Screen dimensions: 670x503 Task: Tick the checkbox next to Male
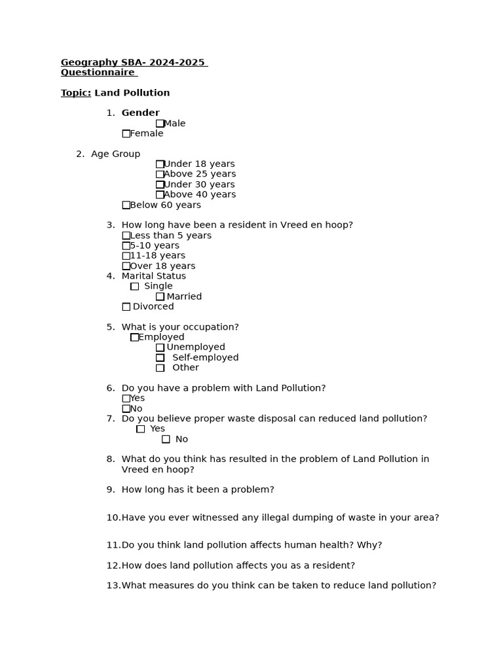point(160,124)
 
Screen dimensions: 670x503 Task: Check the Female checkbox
point(126,133)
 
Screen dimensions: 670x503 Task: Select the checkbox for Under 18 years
point(160,164)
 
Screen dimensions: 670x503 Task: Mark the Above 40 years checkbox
point(160,195)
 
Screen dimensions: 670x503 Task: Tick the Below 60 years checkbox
point(126,205)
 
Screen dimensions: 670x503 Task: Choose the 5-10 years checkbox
point(126,246)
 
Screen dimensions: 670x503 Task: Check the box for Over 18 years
point(126,266)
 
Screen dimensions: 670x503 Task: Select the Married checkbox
point(160,296)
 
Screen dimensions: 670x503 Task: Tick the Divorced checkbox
point(126,307)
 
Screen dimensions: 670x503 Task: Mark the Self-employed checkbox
point(160,358)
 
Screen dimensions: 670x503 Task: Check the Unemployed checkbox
point(160,347)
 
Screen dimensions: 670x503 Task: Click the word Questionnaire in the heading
point(98,73)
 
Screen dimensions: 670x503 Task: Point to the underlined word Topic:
point(76,93)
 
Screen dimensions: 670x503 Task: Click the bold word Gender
point(140,113)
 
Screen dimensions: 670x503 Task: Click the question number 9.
point(111,489)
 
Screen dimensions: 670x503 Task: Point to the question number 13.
point(113,586)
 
